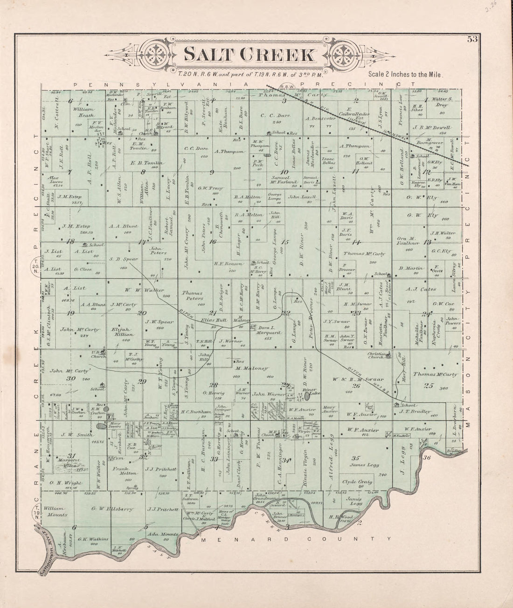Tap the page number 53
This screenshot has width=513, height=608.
(472, 39)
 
